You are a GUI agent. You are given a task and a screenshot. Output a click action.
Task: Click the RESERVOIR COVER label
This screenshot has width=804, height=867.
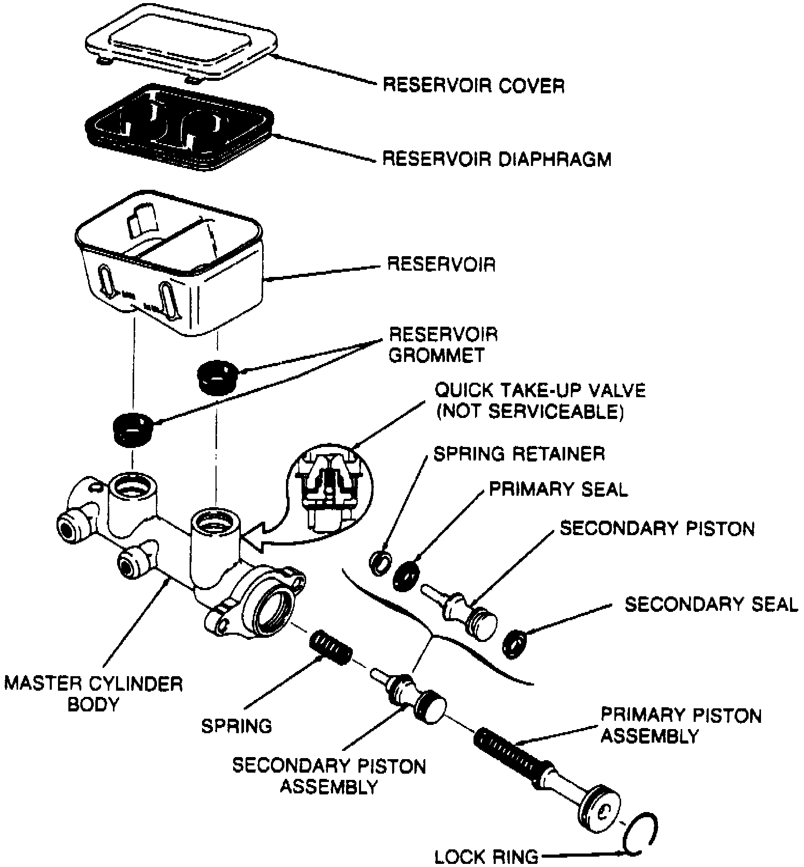coord(473,85)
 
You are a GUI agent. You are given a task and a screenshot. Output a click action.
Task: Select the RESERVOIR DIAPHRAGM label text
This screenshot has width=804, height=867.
coord(497,159)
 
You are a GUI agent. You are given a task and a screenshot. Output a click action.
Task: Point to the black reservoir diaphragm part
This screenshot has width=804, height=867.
coord(179,130)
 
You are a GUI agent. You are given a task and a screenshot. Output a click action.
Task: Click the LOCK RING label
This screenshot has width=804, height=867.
coord(486,857)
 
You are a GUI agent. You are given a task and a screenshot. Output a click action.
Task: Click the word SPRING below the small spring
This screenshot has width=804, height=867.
coord(237,726)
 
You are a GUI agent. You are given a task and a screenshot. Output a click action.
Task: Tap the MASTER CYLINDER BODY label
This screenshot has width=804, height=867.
coord(94,694)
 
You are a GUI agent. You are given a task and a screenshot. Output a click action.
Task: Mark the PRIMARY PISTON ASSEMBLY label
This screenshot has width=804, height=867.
coord(681,725)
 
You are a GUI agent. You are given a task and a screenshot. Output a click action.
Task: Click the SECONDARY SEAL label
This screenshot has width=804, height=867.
coord(711,605)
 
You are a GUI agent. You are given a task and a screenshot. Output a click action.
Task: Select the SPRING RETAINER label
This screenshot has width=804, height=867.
coord(519,454)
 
